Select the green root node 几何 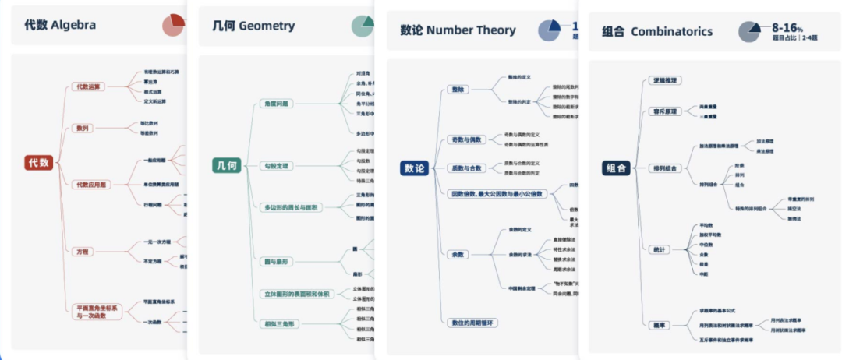click(225, 165)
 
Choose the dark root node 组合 click(615, 168)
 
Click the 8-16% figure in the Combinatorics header click(787, 27)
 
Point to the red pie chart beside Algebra click(174, 25)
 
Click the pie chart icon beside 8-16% click(750, 31)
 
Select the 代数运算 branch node click(87, 86)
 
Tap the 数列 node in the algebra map click(81, 128)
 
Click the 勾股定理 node click(276, 166)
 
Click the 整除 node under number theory click(458, 90)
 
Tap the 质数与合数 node click(466, 168)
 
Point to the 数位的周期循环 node click(474, 322)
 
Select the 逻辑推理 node click(664, 80)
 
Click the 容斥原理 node click(664, 111)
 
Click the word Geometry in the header click(267, 26)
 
